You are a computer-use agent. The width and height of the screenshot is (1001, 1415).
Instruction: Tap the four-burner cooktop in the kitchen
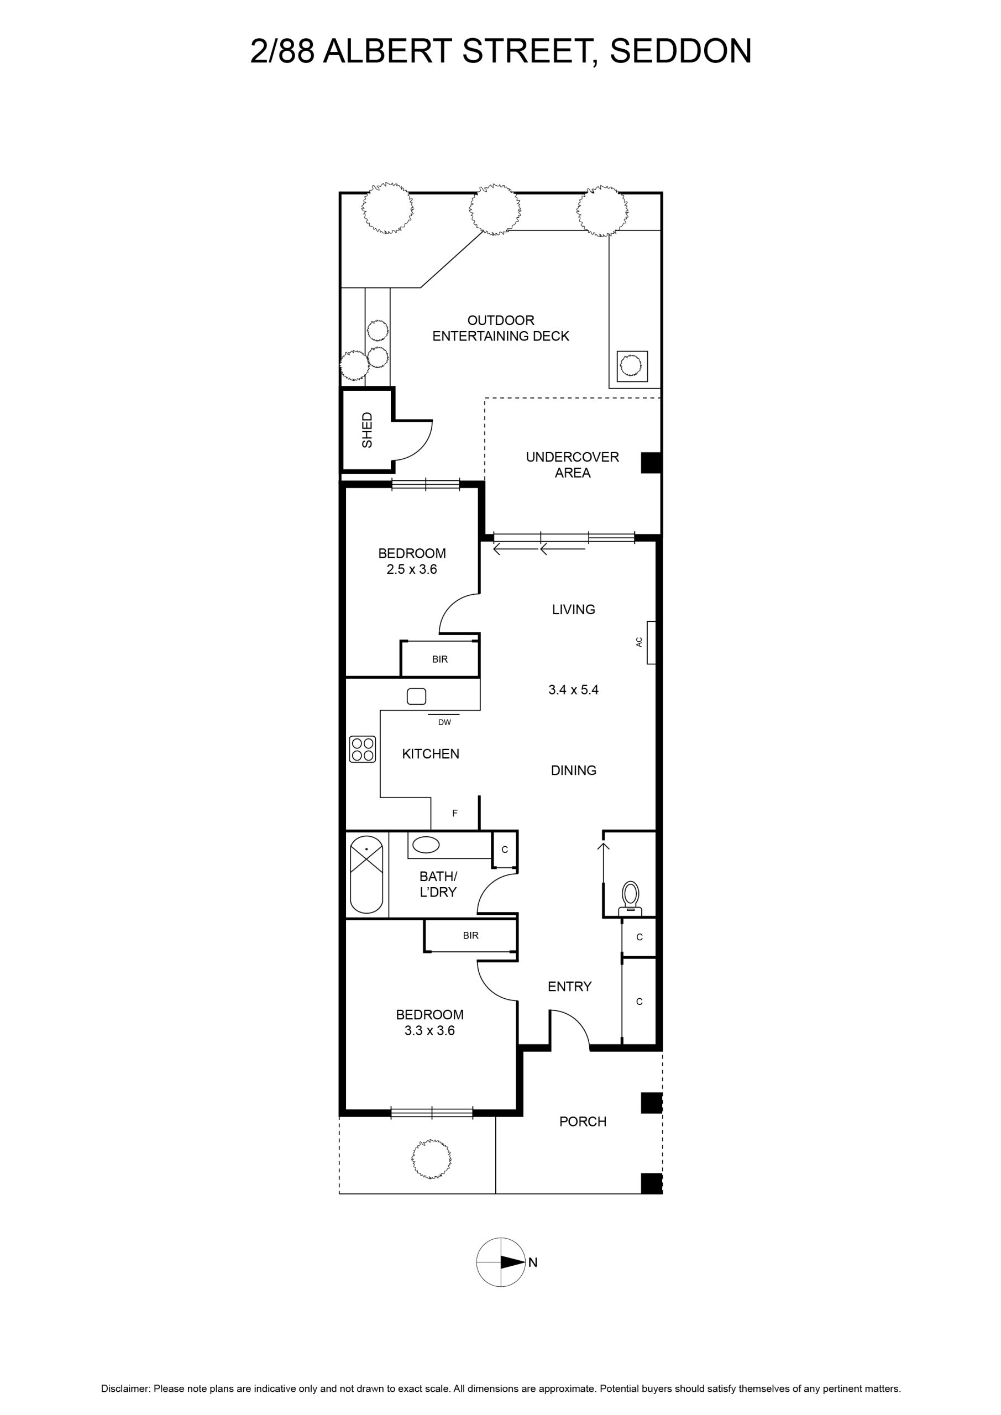(363, 749)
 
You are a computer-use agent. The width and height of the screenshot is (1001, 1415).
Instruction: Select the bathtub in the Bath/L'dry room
(366, 874)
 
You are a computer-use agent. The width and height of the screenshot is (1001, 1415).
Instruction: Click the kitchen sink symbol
(417, 696)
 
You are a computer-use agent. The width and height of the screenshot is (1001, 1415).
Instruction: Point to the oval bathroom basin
(425, 845)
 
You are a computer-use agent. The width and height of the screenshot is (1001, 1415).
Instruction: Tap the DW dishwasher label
(444, 722)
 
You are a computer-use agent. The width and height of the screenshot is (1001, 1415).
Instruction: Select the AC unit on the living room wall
(651, 642)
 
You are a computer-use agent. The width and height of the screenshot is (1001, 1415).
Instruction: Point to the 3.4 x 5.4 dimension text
(573, 690)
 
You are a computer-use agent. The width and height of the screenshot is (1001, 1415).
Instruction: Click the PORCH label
(583, 1121)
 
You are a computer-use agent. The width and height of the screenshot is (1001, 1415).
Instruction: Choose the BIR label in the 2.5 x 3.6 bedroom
(440, 659)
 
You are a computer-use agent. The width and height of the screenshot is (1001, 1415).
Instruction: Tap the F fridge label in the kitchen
(455, 814)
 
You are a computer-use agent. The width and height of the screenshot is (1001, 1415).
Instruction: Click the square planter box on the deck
(632, 366)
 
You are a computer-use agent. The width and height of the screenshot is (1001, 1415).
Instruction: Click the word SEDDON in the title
(680, 50)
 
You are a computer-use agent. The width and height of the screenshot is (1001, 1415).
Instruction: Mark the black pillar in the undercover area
(651, 463)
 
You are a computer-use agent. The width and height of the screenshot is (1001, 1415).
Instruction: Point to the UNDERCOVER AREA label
(572, 465)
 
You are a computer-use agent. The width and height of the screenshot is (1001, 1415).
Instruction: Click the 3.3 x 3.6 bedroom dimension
(429, 1030)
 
